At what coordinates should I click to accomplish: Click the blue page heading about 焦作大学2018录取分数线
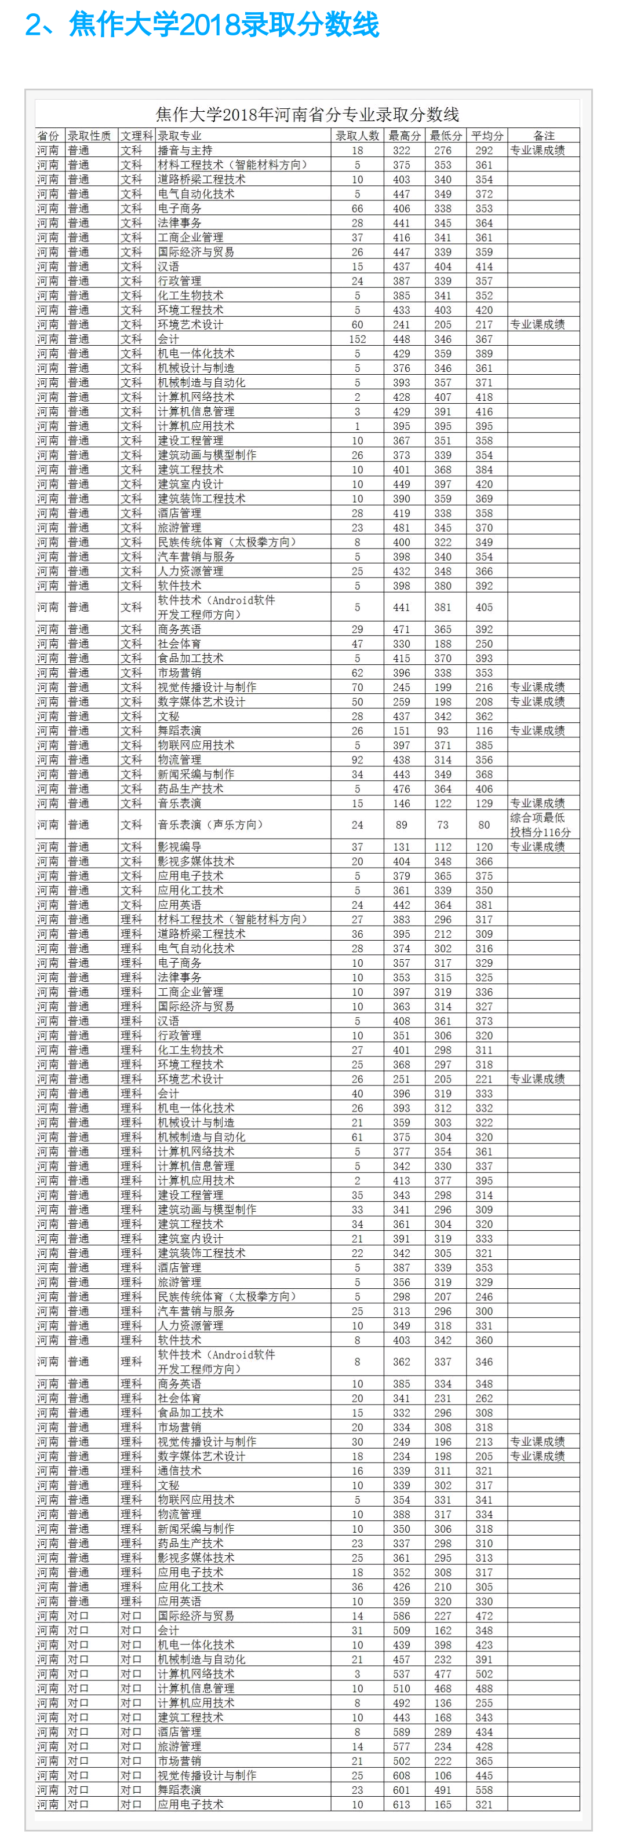pos(202,25)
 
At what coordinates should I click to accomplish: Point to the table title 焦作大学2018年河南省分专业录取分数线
pos(307,115)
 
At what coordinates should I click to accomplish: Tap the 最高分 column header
pos(403,136)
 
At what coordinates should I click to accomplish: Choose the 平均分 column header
pos(487,136)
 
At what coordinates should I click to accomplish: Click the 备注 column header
pos(544,136)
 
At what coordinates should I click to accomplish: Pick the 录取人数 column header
pos(357,136)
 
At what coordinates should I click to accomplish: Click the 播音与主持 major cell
pos(185,151)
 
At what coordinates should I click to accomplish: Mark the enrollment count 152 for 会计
pos(357,339)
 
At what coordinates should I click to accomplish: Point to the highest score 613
pos(402,1804)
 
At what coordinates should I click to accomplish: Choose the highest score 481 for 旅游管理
pos(402,528)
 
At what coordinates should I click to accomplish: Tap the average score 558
pos(484,1790)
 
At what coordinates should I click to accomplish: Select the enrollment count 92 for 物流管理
pos(357,759)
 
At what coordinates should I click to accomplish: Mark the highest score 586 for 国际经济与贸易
pos(402,1616)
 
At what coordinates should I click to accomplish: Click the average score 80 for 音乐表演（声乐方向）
pos(484,825)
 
